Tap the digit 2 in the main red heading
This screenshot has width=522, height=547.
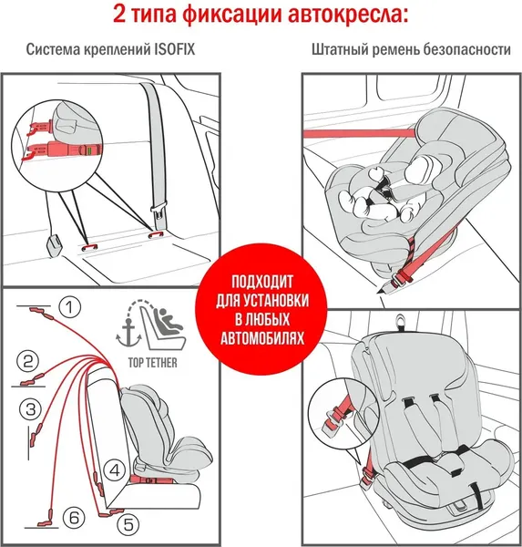(x=121, y=15)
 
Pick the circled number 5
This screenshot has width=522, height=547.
(x=128, y=524)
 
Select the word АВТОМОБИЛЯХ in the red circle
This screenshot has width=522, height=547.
(x=261, y=336)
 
